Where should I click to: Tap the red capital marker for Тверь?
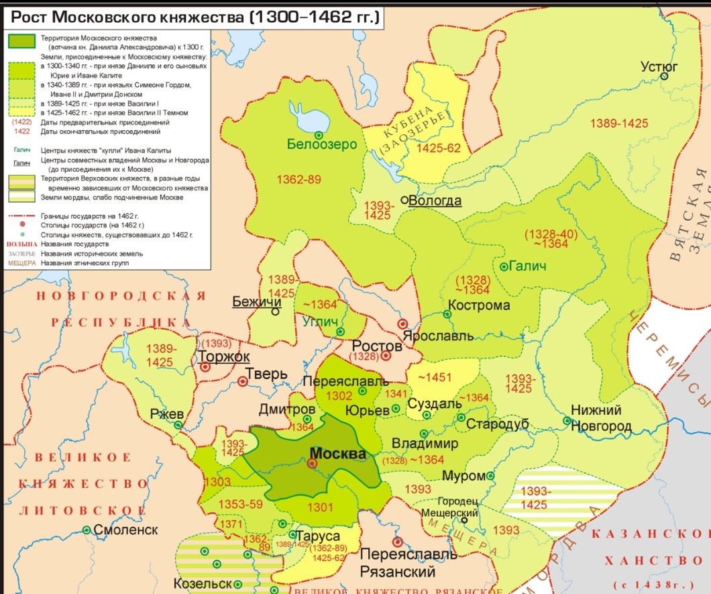point(243,381)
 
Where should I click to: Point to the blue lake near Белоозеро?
point(309,118)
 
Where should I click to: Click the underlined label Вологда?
point(435,201)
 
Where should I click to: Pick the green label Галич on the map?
point(527,266)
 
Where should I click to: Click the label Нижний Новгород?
point(601,418)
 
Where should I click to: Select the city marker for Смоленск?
point(87,530)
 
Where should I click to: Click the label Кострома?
point(479,305)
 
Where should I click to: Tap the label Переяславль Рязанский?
point(408,563)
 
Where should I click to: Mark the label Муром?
point(463,476)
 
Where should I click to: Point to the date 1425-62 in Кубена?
point(439,148)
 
